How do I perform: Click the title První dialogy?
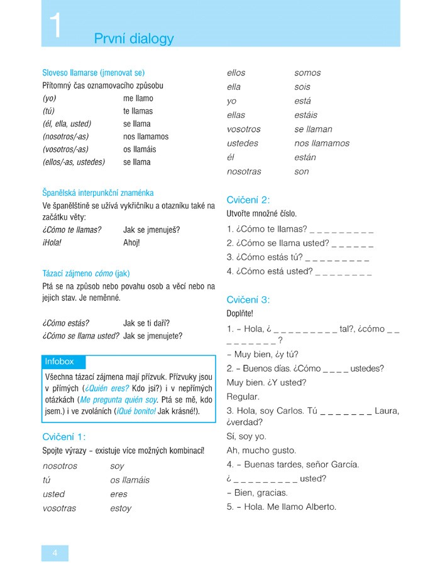pyautogui.click(x=134, y=39)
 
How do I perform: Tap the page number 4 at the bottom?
pyautogui.click(x=55, y=552)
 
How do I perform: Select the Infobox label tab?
pyautogui.click(x=60, y=362)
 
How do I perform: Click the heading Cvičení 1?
pyautogui.click(x=64, y=437)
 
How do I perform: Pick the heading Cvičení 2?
pyautogui.click(x=248, y=200)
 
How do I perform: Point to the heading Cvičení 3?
pyautogui.click(x=248, y=299)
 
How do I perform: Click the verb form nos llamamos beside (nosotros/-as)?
pyautogui.click(x=146, y=136)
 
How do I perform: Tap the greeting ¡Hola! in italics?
pyautogui.click(x=52, y=242)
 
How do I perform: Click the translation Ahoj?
pyautogui.click(x=132, y=242)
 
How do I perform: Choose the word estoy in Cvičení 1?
pyautogui.click(x=121, y=508)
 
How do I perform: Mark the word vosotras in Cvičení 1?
pyautogui.click(x=59, y=508)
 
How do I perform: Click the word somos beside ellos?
pyautogui.click(x=307, y=73)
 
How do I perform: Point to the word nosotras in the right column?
pyautogui.click(x=244, y=171)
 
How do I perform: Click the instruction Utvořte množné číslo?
pyautogui.click(x=261, y=214)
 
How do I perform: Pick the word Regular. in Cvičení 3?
pyautogui.click(x=243, y=397)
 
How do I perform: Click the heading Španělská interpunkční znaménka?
pyautogui.click(x=98, y=193)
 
